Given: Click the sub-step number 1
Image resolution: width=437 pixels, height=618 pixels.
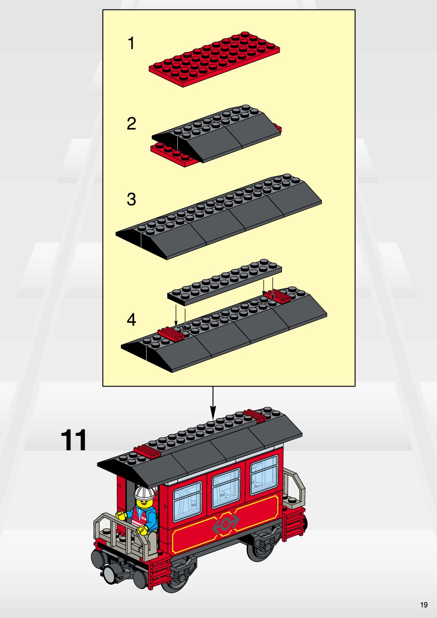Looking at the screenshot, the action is pyautogui.click(x=131, y=43).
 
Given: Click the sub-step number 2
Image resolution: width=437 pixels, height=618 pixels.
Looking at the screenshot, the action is pyautogui.click(x=131, y=123).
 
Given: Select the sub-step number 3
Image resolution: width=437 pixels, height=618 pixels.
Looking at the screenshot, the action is pyautogui.click(x=131, y=199).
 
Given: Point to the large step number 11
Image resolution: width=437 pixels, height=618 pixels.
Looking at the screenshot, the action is pyautogui.click(x=73, y=440).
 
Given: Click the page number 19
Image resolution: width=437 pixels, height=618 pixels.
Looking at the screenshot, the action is pyautogui.click(x=424, y=605).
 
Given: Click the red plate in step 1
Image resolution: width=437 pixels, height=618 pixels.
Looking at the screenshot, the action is pyautogui.click(x=214, y=59).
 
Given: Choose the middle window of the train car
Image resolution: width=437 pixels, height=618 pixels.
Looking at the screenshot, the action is pyautogui.click(x=226, y=488).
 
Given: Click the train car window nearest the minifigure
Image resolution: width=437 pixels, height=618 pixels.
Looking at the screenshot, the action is pyautogui.click(x=187, y=502).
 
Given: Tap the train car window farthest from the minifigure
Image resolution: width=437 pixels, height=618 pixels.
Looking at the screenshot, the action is pyautogui.click(x=264, y=475).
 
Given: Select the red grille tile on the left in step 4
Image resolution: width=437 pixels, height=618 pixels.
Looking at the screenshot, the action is pyautogui.click(x=171, y=334).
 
